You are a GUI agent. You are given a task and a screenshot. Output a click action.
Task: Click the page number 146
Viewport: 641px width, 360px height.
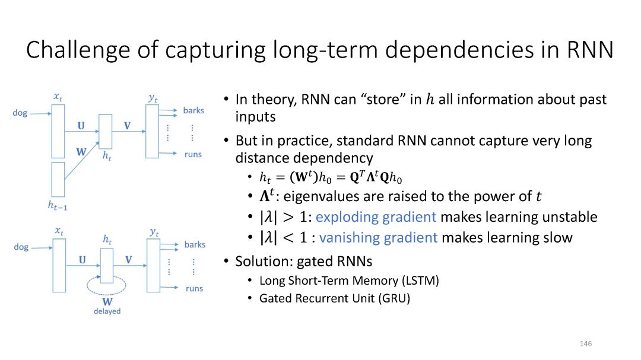pos(586,344)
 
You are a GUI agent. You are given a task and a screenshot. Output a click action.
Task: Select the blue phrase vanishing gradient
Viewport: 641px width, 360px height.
pos(379,238)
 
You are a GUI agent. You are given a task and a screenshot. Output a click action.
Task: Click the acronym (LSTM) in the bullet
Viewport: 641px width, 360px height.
pos(419,281)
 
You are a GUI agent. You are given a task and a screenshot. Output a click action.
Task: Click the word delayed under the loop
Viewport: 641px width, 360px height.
pos(107,311)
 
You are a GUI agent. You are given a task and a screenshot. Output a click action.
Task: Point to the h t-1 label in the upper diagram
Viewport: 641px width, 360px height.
pos(58,206)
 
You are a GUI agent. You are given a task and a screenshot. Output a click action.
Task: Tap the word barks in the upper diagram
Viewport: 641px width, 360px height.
pos(193,110)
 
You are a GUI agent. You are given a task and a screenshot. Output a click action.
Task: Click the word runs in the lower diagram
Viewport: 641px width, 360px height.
pos(194,288)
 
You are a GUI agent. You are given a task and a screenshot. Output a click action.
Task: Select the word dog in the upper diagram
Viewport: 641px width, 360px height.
pos(20,113)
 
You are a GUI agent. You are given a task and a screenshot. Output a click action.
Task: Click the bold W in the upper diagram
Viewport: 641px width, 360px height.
pos(81,152)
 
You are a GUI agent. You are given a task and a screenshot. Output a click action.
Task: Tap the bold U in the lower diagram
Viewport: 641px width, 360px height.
pos(82,260)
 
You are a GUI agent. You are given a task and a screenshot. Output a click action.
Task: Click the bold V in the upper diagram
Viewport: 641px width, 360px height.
pos(127,126)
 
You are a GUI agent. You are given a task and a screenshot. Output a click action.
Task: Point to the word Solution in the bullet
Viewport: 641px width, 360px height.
pos(258,261)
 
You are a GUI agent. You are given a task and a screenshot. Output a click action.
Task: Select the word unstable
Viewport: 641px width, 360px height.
pos(567,216)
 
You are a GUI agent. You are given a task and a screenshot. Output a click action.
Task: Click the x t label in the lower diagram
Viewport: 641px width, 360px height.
pos(58,230)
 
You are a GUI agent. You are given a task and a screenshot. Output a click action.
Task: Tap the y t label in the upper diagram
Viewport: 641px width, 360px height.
pos(153,97)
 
